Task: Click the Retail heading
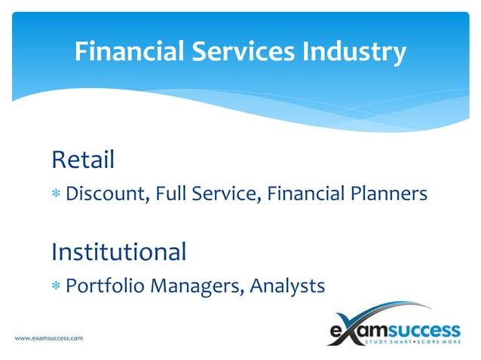[83, 160]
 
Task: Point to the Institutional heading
[118, 251]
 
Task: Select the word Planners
[390, 194]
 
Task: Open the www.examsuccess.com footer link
[49, 338]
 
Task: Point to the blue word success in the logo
[425, 329]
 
